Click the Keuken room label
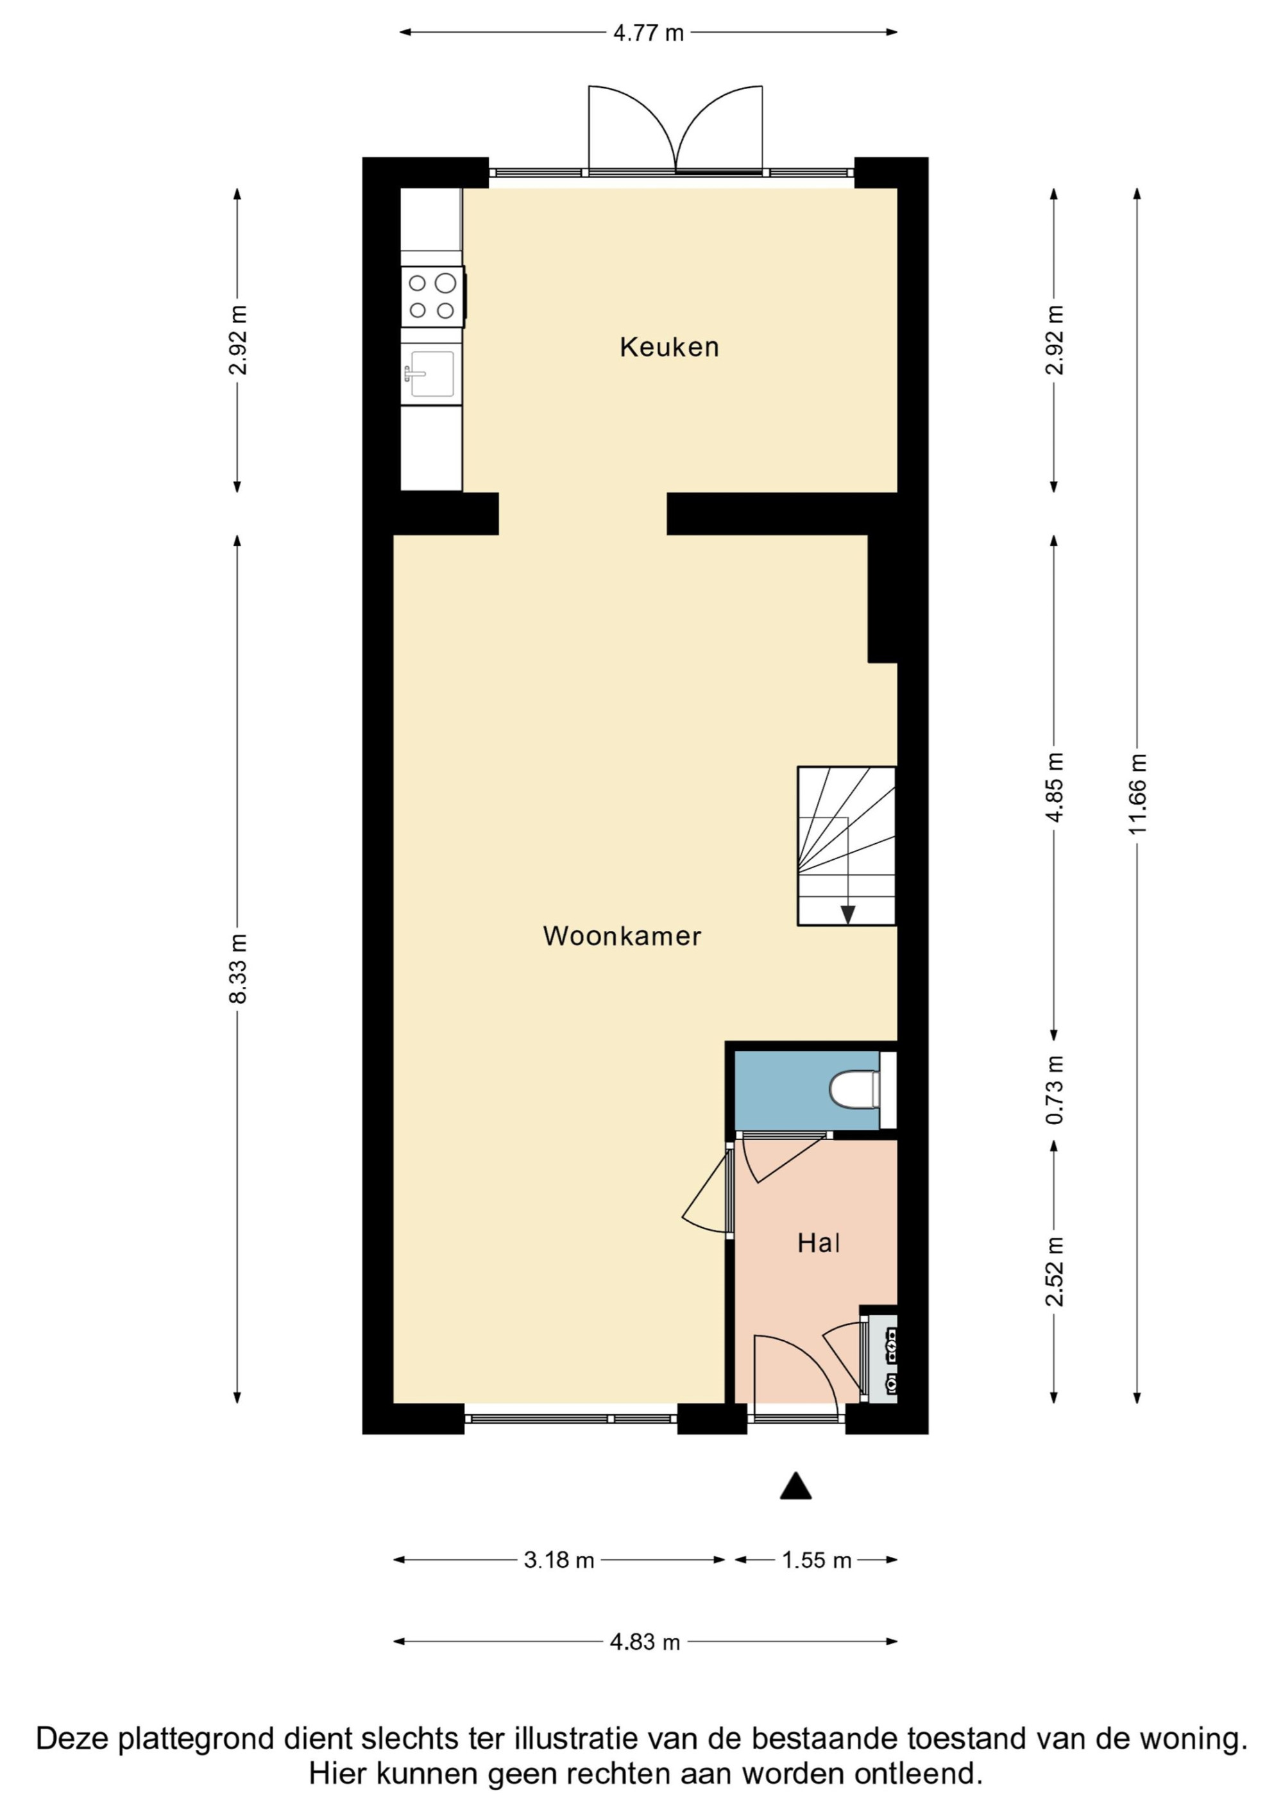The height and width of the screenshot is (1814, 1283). point(669,347)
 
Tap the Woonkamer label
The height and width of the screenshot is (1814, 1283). point(622,936)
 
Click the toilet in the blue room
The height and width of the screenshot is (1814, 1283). point(854,1089)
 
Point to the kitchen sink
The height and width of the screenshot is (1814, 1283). point(432,374)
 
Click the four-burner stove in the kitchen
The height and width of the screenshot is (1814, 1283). point(432,296)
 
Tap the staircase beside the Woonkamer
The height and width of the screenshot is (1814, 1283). point(847,845)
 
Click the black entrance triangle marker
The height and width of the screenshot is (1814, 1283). point(795,1486)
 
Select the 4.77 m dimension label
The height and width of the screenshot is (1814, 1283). point(648,33)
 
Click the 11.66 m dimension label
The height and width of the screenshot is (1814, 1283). point(1137,794)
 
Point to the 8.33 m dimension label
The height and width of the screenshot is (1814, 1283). point(238,968)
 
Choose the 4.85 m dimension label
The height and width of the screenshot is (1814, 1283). point(1055,787)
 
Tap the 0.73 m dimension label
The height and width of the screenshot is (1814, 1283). point(1055,1089)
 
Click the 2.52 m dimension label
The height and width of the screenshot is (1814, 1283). point(1055,1272)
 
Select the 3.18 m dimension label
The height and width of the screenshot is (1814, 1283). point(559,1560)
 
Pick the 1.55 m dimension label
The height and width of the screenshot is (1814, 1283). point(817,1560)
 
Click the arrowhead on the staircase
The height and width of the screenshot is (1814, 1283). point(847,915)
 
